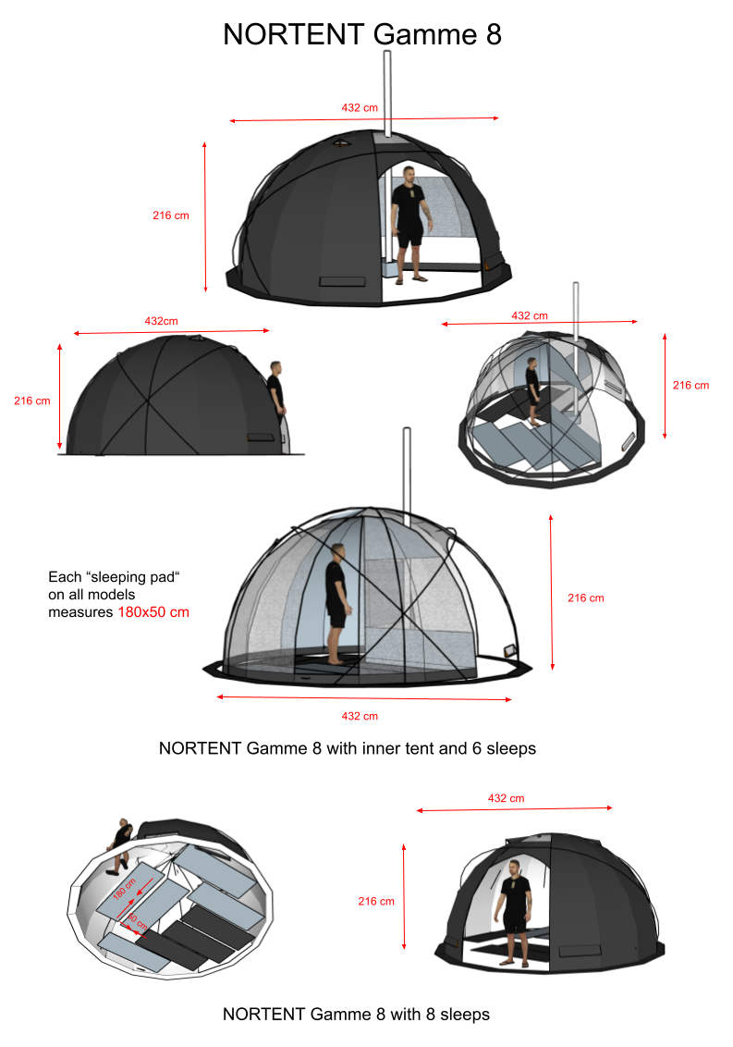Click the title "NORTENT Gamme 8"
coord(361,34)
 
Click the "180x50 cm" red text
coord(153,612)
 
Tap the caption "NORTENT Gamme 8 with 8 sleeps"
coord(356,1015)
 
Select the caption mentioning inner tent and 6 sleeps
coord(348,748)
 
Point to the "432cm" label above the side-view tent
coord(162,321)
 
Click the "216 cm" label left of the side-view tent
coord(32,400)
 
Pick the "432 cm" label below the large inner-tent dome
coord(360,716)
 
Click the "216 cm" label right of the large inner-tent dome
coord(585,598)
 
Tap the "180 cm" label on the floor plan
coord(125,889)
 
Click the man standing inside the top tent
coord(409,225)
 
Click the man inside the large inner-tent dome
coord(337,604)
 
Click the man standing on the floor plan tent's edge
coord(120,845)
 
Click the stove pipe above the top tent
coord(387,93)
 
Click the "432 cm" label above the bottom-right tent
coord(506,798)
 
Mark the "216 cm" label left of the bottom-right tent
coord(376,902)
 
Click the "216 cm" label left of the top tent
coord(171,216)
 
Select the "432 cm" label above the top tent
coord(360,107)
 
